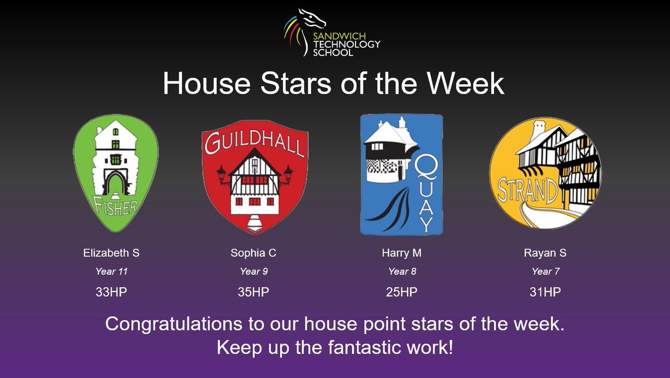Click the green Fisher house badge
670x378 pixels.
(x=116, y=173)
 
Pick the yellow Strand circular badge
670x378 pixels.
(x=545, y=173)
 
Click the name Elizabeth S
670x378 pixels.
(x=111, y=253)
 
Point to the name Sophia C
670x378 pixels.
(x=253, y=253)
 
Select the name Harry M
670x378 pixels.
(x=402, y=253)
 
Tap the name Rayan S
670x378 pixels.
(x=545, y=253)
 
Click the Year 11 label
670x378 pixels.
(x=111, y=271)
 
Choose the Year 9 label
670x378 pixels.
(x=253, y=271)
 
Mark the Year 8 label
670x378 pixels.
(x=402, y=271)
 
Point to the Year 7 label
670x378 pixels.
(x=545, y=271)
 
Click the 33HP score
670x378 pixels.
(x=111, y=291)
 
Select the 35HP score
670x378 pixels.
(x=253, y=291)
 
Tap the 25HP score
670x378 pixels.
(x=402, y=291)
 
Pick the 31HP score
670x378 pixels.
(x=545, y=291)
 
